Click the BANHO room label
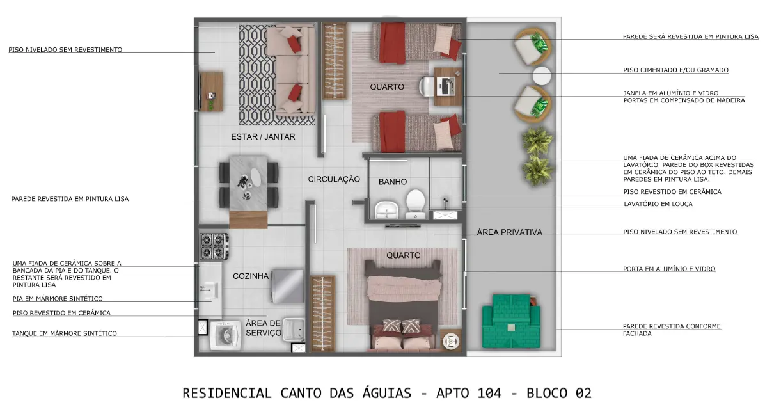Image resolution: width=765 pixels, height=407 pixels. (393, 182)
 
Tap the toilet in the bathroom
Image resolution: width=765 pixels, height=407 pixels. (415, 204)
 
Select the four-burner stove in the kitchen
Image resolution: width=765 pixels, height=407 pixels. (214, 246)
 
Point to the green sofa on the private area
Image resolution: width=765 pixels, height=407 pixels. (511, 321)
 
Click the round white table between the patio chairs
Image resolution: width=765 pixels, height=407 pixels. (542, 76)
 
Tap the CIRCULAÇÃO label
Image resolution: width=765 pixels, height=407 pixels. (334, 180)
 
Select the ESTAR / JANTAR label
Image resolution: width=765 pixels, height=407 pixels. (263, 137)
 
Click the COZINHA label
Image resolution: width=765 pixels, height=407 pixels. (251, 276)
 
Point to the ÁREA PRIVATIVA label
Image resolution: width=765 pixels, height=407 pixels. (509, 232)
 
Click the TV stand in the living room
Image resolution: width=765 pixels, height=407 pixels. (211, 92)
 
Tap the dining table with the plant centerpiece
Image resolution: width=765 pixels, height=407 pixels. (248, 184)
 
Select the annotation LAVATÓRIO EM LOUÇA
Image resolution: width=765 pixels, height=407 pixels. (658, 204)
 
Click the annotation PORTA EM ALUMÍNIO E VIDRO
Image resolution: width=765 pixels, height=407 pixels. (669, 269)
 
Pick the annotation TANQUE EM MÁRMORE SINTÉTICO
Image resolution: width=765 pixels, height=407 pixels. (65, 334)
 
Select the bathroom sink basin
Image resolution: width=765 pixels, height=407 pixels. (387, 211)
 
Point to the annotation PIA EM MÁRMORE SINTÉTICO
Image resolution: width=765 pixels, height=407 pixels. (58, 299)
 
